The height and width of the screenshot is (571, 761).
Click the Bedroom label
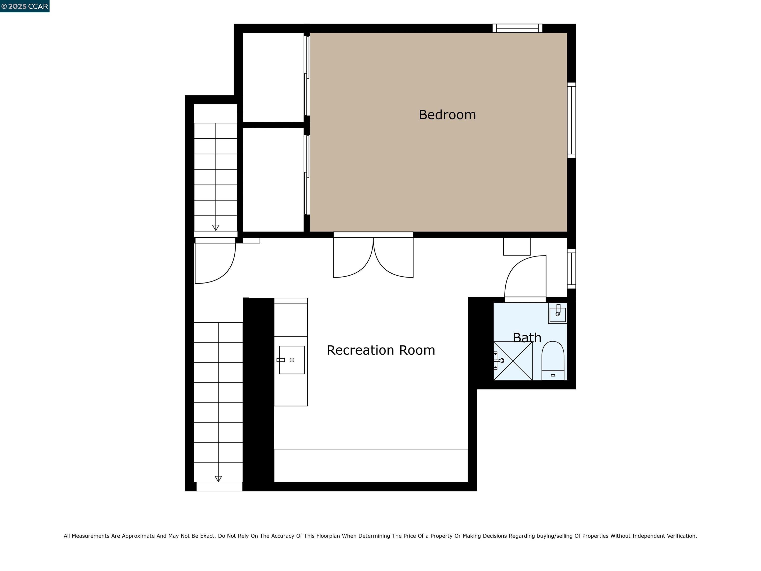coord(447,114)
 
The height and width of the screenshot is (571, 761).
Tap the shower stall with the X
coord(513,361)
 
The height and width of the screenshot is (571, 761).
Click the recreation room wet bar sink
coord(292,360)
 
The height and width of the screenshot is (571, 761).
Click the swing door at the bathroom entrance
coord(525,277)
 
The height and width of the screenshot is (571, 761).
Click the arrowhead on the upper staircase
coord(216,228)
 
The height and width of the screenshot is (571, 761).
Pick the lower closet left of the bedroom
coord(273,180)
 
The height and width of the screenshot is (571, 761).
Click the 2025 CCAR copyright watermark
coord(25,6)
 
